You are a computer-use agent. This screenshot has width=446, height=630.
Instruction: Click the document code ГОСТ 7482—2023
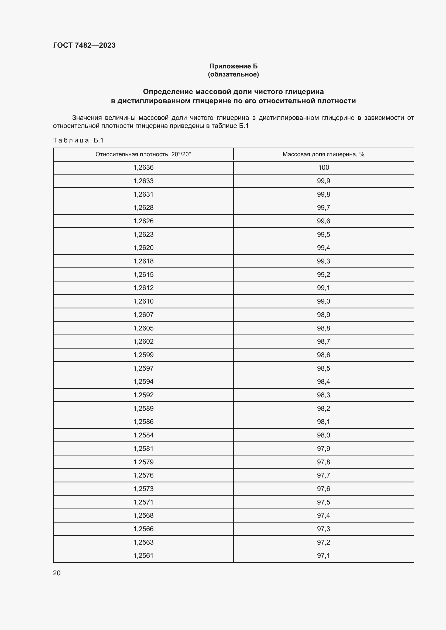pyautogui.click(x=84, y=45)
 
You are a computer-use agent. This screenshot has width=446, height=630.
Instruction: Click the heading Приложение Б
pyautogui.click(x=233, y=66)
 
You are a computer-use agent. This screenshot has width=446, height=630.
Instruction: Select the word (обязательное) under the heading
pyautogui.click(x=233, y=74)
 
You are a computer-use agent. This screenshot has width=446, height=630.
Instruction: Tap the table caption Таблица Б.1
pyautogui.click(x=78, y=140)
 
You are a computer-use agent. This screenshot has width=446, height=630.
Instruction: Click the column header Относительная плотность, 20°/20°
pyautogui.click(x=143, y=154)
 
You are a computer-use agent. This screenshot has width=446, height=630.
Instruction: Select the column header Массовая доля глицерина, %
pyautogui.click(x=323, y=154)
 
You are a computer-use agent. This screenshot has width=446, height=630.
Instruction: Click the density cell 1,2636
pyautogui.click(x=143, y=167)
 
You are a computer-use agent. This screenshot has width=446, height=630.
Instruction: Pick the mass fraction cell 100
pyautogui.click(x=323, y=167)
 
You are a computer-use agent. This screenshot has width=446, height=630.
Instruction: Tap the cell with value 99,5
pyautogui.click(x=323, y=234)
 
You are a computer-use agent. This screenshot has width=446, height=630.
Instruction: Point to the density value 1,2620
pyautogui.click(x=143, y=248)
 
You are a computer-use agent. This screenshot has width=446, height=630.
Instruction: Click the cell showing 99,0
pyautogui.click(x=323, y=301)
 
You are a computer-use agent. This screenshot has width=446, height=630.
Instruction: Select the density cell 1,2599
pyautogui.click(x=143, y=355)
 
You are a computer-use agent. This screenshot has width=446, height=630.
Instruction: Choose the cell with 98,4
pyautogui.click(x=323, y=381)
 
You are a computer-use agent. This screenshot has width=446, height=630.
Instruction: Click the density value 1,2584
pyautogui.click(x=143, y=435)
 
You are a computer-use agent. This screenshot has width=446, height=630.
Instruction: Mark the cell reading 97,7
pyautogui.click(x=323, y=475)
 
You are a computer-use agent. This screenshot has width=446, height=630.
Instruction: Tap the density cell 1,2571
pyautogui.click(x=143, y=502)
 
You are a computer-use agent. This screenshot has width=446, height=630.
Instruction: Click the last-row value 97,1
pyautogui.click(x=323, y=555)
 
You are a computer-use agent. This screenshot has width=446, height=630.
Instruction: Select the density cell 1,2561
pyautogui.click(x=143, y=555)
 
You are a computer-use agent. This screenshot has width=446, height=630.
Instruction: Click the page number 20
pyautogui.click(x=57, y=573)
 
